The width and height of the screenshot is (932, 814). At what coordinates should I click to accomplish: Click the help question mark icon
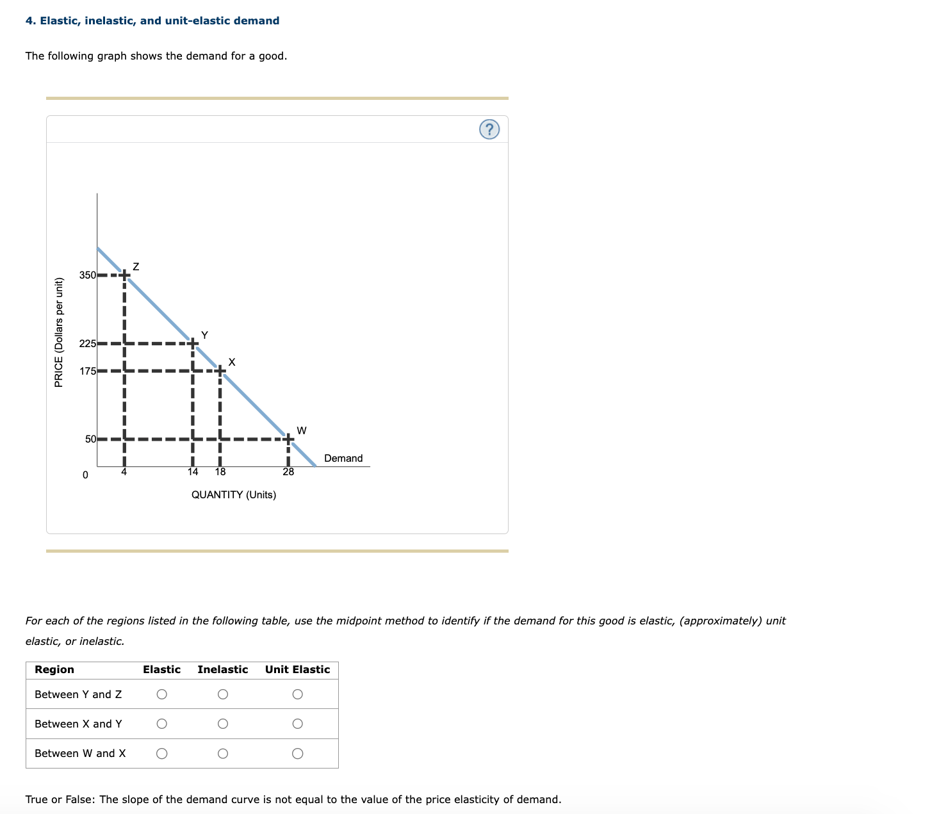(489, 130)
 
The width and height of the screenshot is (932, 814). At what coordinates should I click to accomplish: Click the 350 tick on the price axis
(87, 275)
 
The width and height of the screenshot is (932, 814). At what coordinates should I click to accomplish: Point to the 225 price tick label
(87, 343)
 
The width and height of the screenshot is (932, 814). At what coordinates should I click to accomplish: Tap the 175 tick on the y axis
(87, 371)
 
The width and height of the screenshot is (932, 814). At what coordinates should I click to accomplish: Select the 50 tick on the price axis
(90, 439)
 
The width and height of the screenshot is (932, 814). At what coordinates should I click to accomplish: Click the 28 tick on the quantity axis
(288, 472)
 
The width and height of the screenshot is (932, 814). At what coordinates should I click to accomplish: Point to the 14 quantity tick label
(192, 472)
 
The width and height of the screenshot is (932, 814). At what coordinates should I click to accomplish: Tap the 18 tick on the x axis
(220, 472)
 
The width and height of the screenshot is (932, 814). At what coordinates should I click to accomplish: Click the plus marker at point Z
(124, 275)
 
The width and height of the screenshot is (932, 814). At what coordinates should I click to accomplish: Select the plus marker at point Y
(192, 343)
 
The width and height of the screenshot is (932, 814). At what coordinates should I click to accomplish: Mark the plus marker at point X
(220, 371)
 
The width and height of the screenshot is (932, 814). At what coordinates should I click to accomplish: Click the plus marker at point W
(288, 439)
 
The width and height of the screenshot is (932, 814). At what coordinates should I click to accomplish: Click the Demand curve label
(343, 458)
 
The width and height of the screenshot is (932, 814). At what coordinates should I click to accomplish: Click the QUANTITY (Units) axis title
(234, 494)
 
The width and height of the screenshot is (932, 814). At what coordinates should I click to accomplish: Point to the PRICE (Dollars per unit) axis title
(59, 332)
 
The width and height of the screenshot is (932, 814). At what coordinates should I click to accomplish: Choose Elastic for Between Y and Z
(162, 694)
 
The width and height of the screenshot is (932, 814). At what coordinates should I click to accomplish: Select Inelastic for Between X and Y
(222, 724)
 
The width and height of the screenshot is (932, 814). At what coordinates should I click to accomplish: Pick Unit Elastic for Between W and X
(297, 754)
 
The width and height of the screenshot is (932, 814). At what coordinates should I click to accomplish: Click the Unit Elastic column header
(297, 669)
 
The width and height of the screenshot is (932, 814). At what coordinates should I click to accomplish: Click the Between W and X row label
(80, 753)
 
